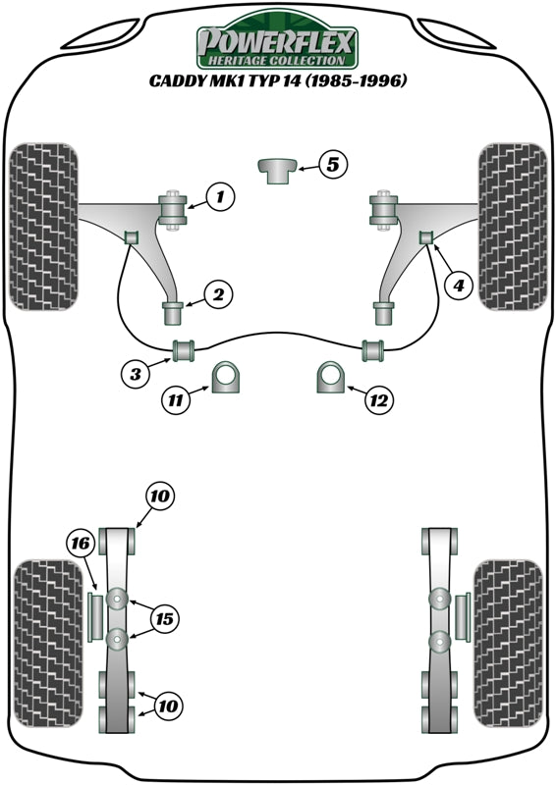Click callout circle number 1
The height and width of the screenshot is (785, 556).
click(220, 198)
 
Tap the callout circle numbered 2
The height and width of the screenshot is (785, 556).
click(218, 293)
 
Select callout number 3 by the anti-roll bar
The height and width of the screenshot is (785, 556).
click(138, 373)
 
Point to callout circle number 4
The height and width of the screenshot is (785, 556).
click(457, 286)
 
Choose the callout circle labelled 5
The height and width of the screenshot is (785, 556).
click(332, 165)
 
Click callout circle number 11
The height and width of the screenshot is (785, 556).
click(177, 399)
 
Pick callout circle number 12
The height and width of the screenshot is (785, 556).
click(378, 399)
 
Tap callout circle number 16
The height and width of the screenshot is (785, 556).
click(80, 542)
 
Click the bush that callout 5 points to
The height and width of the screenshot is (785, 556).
click(277, 169)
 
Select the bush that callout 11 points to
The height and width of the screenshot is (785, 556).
click(227, 378)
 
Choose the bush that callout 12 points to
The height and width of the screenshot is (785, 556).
click(330, 378)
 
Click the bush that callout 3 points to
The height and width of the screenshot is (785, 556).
click(184, 348)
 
